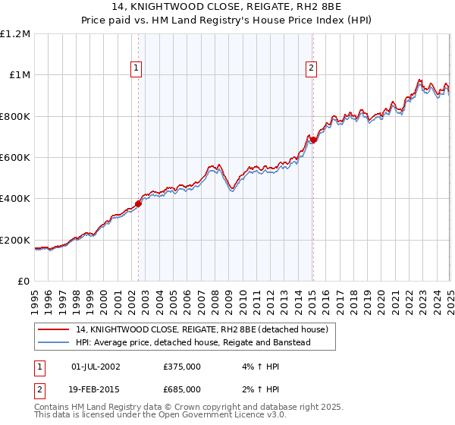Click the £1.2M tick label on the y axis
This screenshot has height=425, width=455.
click(x=15, y=34)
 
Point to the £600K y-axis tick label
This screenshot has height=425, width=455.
click(x=15, y=158)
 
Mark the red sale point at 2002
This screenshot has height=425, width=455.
click(x=139, y=203)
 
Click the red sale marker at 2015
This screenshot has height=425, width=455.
click(x=313, y=140)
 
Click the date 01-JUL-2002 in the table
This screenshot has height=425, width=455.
click(x=96, y=367)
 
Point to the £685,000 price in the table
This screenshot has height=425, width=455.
click(x=181, y=389)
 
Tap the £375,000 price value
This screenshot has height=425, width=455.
click(x=181, y=367)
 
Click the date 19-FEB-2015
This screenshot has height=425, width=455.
click(x=96, y=389)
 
